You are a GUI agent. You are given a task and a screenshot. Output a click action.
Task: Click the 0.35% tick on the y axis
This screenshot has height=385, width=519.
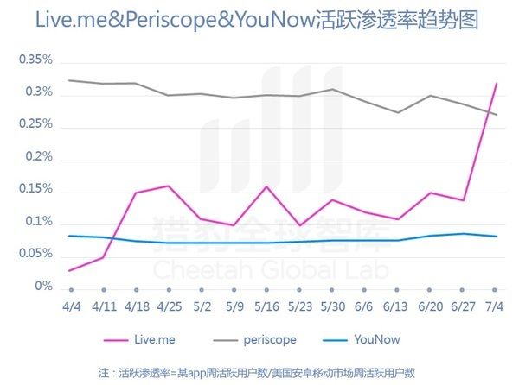[35, 60]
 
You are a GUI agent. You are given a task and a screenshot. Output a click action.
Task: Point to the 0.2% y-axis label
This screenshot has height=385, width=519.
[38, 158]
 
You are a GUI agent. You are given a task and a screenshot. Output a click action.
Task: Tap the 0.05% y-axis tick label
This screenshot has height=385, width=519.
[35, 255]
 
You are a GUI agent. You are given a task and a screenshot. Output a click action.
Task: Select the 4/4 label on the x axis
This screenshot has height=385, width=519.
[71, 305]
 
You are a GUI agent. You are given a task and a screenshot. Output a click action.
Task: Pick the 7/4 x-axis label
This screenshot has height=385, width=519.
[495, 305]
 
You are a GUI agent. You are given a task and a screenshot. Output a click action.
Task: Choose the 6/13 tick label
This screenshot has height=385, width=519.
[395, 305]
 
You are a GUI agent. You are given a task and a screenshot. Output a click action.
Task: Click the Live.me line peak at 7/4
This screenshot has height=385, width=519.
[495, 83]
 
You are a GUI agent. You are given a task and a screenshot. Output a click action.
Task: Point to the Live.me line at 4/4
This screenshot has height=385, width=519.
[71, 270]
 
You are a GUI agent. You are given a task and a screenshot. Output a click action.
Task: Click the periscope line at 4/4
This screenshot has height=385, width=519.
[71, 80]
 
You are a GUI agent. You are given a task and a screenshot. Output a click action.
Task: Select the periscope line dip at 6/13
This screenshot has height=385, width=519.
[397, 112]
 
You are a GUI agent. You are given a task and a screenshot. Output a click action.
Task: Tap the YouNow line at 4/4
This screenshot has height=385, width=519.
[71, 236]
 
